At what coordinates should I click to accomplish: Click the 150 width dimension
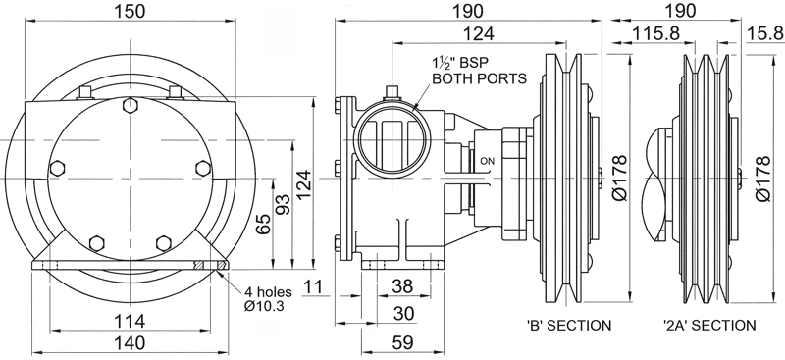pos(131,11)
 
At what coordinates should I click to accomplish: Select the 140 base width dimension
pos(130,343)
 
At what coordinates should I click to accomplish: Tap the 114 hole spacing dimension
pos(130,321)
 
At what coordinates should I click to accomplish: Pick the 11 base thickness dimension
pos(314,286)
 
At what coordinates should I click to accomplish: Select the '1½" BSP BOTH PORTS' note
pos(479,71)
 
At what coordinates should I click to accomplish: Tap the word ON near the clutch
pos(487,161)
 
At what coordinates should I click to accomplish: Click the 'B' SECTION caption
pos(569,326)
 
